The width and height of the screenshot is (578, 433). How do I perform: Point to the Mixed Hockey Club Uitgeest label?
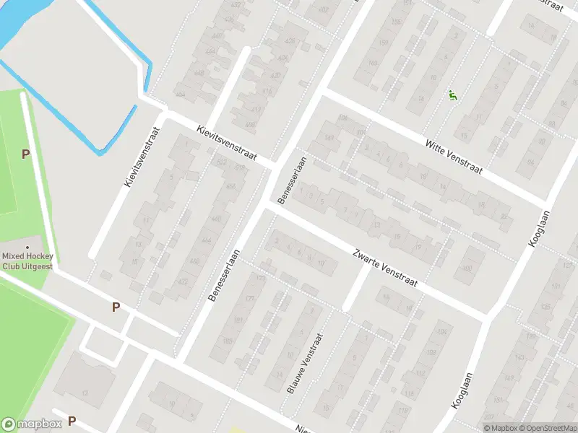[x=27, y=261]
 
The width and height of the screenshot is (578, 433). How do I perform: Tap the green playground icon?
[x=452, y=95]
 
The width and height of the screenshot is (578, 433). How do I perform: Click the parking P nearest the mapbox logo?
[x=72, y=421]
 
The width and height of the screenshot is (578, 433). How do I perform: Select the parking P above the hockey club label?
[x=26, y=154]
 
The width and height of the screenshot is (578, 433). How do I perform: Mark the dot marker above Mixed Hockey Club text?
[x=27, y=248]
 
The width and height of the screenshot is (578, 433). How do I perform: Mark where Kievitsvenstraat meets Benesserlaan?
[x=275, y=165]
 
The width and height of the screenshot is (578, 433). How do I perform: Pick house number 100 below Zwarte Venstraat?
[x=467, y=268]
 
